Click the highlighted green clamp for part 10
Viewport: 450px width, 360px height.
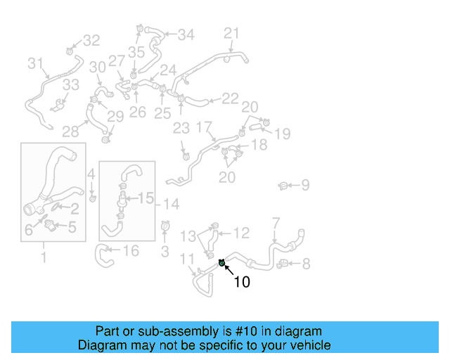[x=222, y=263]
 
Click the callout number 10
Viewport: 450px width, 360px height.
[x=241, y=283]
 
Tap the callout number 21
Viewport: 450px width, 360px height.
[x=232, y=33]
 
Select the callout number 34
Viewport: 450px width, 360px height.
[x=186, y=34]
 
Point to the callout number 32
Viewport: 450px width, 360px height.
[x=92, y=41]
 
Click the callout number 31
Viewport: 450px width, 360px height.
[x=36, y=63]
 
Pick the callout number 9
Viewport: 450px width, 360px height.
[x=305, y=186]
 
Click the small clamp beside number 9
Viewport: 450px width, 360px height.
[x=283, y=186]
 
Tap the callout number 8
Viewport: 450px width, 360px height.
[x=305, y=264]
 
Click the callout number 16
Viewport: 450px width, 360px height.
[x=131, y=251]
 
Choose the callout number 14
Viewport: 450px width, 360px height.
[x=171, y=204]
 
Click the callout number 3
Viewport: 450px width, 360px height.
[x=165, y=251]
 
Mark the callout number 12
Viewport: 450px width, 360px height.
[x=241, y=232]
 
